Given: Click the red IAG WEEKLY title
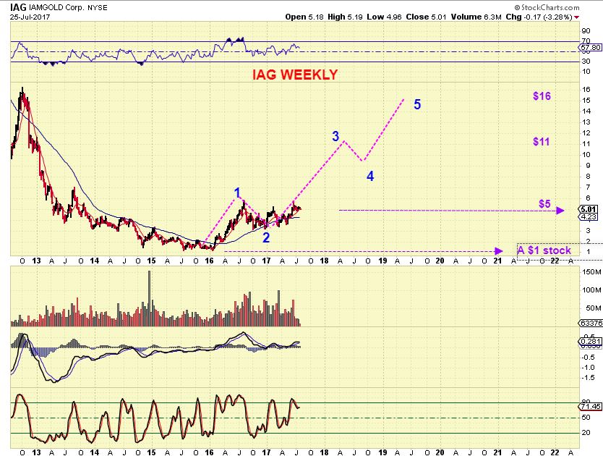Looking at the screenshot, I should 294,75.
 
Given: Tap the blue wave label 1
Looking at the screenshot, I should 236,193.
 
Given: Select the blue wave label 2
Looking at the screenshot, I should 266,237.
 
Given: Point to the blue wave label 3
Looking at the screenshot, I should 335,136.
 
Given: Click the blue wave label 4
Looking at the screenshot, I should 369,176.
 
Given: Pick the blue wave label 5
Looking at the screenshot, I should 417,105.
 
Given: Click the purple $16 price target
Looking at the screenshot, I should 542,96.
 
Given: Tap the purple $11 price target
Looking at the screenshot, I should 542,142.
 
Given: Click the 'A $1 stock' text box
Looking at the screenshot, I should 544,250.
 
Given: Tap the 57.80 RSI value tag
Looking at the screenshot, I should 589,47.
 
